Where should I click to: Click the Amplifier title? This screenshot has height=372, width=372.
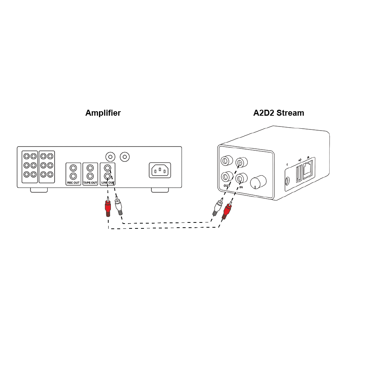pos(103,113)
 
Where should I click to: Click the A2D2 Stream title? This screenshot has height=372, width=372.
pos(279,113)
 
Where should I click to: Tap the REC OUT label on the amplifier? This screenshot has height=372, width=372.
pos(73,183)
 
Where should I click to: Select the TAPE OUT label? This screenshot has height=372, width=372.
pos(90,183)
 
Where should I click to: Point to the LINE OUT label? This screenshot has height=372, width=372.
pos(108,183)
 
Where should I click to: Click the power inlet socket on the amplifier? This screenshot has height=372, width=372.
pos(160,170)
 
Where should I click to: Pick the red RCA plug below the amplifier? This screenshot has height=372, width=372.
pos(108,208)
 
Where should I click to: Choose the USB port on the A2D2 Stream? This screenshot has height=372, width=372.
pos(299,173)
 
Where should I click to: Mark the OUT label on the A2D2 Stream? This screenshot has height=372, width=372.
pos(227,185)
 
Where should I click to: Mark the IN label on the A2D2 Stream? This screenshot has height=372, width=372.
pos(241,187)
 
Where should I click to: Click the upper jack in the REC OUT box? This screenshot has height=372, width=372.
pos(73,169)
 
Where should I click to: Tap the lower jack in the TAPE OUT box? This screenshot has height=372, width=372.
pos(90,176)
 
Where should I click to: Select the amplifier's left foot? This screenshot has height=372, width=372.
pos(39,190)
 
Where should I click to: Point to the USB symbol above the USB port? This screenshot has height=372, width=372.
pos(299,160)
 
